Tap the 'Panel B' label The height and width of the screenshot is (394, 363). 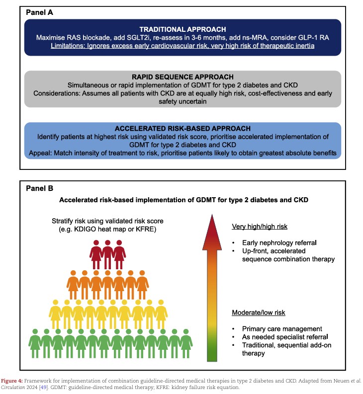(40, 189)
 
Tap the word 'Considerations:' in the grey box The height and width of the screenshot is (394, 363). (63, 93)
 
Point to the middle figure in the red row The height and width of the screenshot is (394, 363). (107, 254)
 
